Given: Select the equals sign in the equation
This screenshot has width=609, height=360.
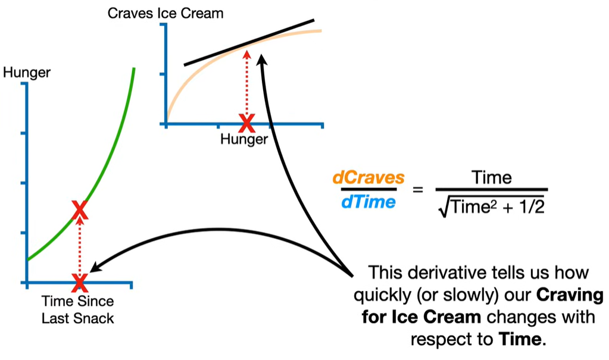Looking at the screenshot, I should [417, 190].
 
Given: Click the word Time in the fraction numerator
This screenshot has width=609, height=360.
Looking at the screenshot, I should [491, 177].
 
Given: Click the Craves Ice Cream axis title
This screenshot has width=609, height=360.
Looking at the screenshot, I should [165, 12].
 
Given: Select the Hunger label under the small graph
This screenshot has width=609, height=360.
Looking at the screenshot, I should [244, 139].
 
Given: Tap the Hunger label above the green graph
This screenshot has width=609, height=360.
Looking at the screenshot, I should [27, 73].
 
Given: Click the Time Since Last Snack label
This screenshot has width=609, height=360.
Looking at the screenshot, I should [77, 309].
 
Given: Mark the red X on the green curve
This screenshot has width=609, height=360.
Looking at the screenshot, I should [80, 209].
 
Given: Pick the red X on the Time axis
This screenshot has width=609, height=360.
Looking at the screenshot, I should [79, 281].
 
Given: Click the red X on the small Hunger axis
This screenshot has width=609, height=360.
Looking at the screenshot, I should [246, 123].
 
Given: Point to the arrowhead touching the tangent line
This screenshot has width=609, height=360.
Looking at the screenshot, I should [262, 57].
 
